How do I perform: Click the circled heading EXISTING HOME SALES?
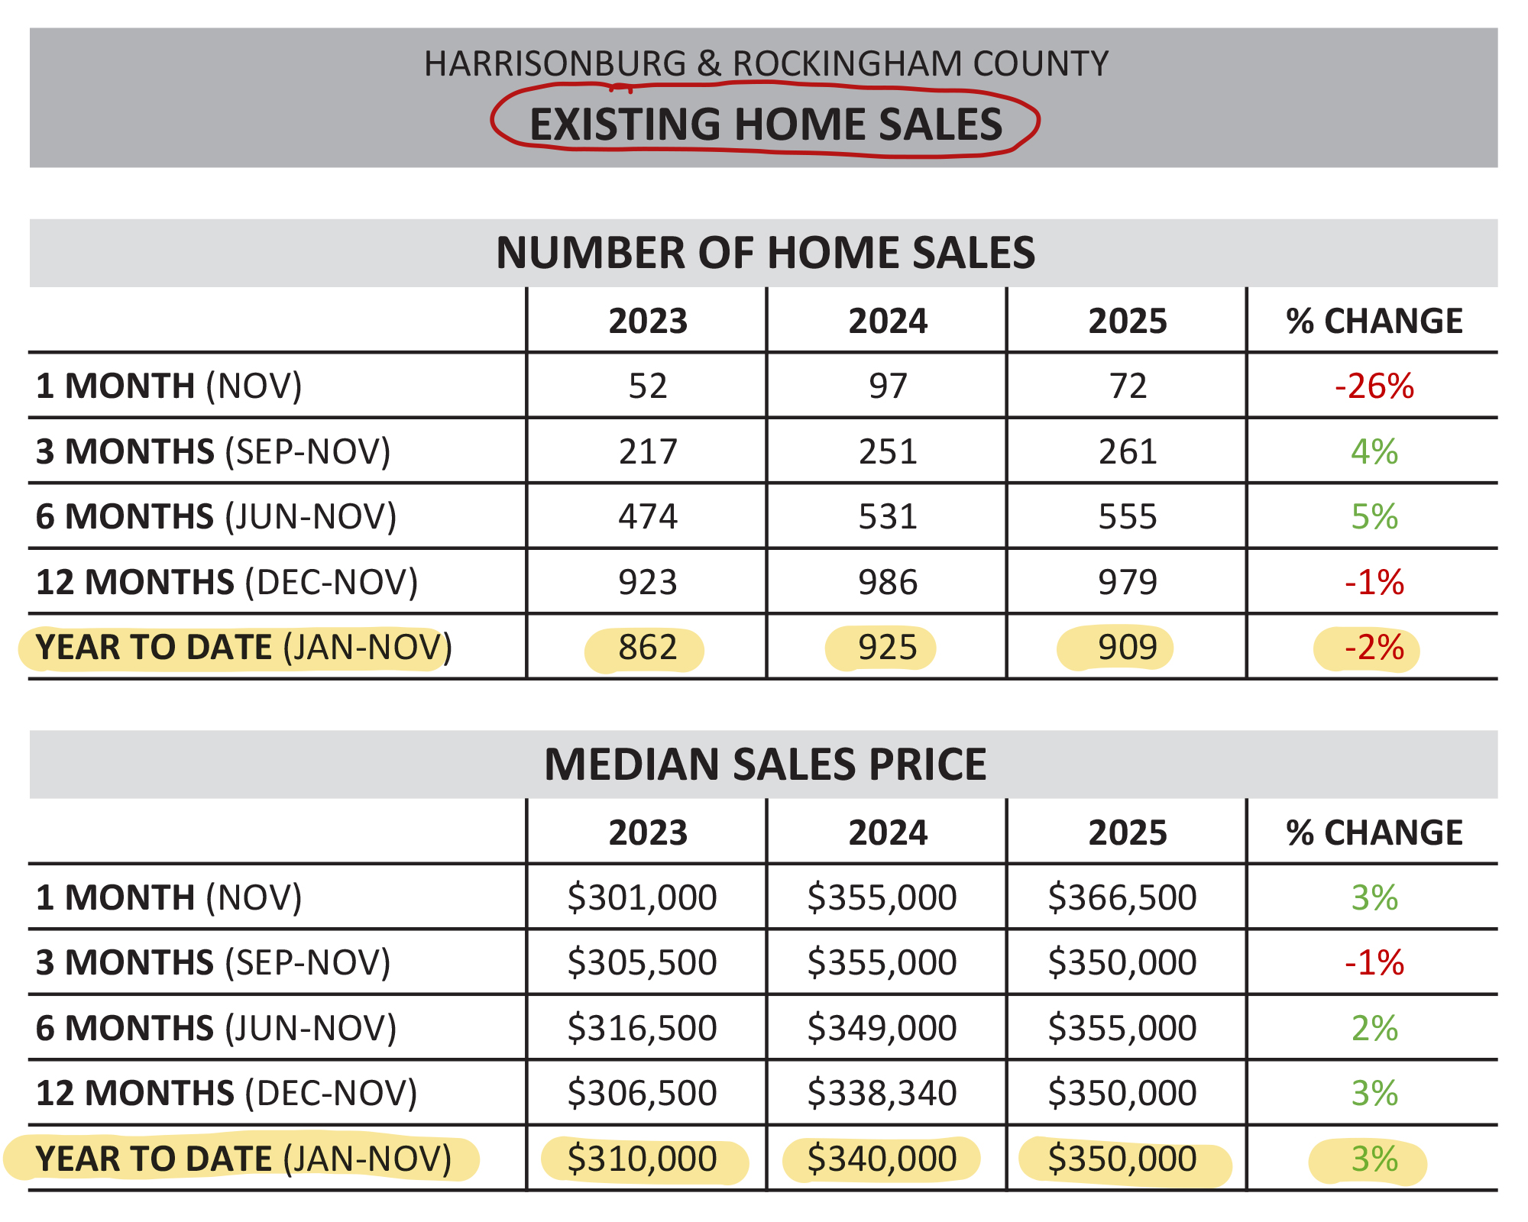[766, 124]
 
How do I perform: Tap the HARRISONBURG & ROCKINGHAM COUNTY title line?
[766, 63]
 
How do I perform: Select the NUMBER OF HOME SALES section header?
[766, 253]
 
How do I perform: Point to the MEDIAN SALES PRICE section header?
[766, 765]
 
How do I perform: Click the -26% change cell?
[1374, 386]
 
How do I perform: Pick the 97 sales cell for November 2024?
[887, 386]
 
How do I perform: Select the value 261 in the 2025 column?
[1128, 451]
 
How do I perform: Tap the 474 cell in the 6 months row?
[647, 517]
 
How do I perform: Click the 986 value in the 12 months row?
[887, 583]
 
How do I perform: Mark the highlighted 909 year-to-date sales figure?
[1127, 648]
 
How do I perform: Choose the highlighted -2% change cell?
[1374, 648]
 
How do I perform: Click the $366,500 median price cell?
[1122, 897]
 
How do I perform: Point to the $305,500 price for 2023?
[642, 962]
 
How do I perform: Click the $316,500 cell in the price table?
[642, 1028]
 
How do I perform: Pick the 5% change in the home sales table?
[1374, 517]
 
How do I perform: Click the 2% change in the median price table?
[1374, 1028]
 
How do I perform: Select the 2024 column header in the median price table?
[887, 832]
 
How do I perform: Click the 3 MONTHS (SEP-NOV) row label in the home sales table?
[213, 451]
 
